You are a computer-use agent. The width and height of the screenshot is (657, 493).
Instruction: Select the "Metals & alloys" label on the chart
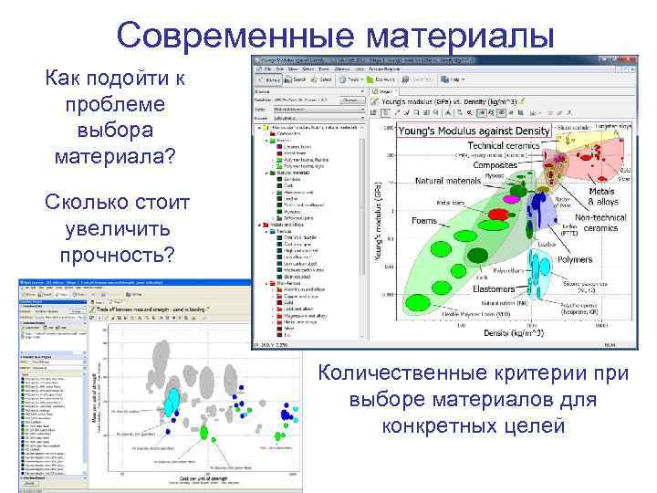603,195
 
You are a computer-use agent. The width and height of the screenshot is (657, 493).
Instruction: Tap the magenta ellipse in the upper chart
514,196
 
